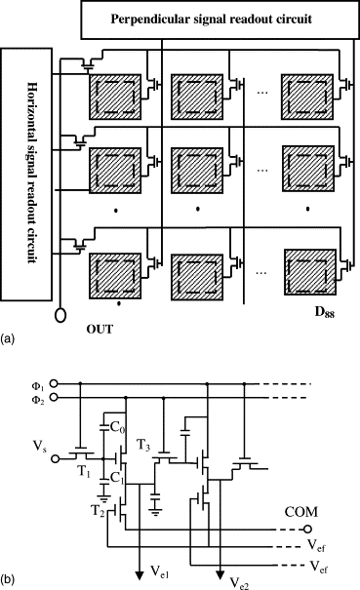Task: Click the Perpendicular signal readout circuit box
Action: click(x=220, y=20)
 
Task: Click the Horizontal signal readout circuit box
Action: click(x=26, y=175)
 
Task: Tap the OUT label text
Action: click(x=100, y=330)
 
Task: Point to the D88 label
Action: click(x=324, y=312)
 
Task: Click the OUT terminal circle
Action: click(x=60, y=315)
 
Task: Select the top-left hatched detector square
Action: click(x=115, y=98)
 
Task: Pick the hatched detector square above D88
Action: click(x=310, y=272)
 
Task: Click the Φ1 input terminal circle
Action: click(x=54, y=383)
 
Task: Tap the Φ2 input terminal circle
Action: click(x=54, y=397)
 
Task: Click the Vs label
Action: click(x=40, y=447)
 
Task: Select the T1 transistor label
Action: click(x=84, y=472)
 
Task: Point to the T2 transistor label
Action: click(x=98, y=510)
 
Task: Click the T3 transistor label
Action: click(x=142, y=446)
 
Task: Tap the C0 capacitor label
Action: click(x=117, y=427)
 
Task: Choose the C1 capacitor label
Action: click(x=117, y=478)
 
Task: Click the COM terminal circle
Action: click(x=307, y=529)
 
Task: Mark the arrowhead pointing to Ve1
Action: click(x=140, y=575)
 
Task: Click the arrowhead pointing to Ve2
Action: click(x=220, y=575)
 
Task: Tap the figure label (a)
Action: click(x=8, y=338)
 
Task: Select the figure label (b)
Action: click(x=8, y=580)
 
